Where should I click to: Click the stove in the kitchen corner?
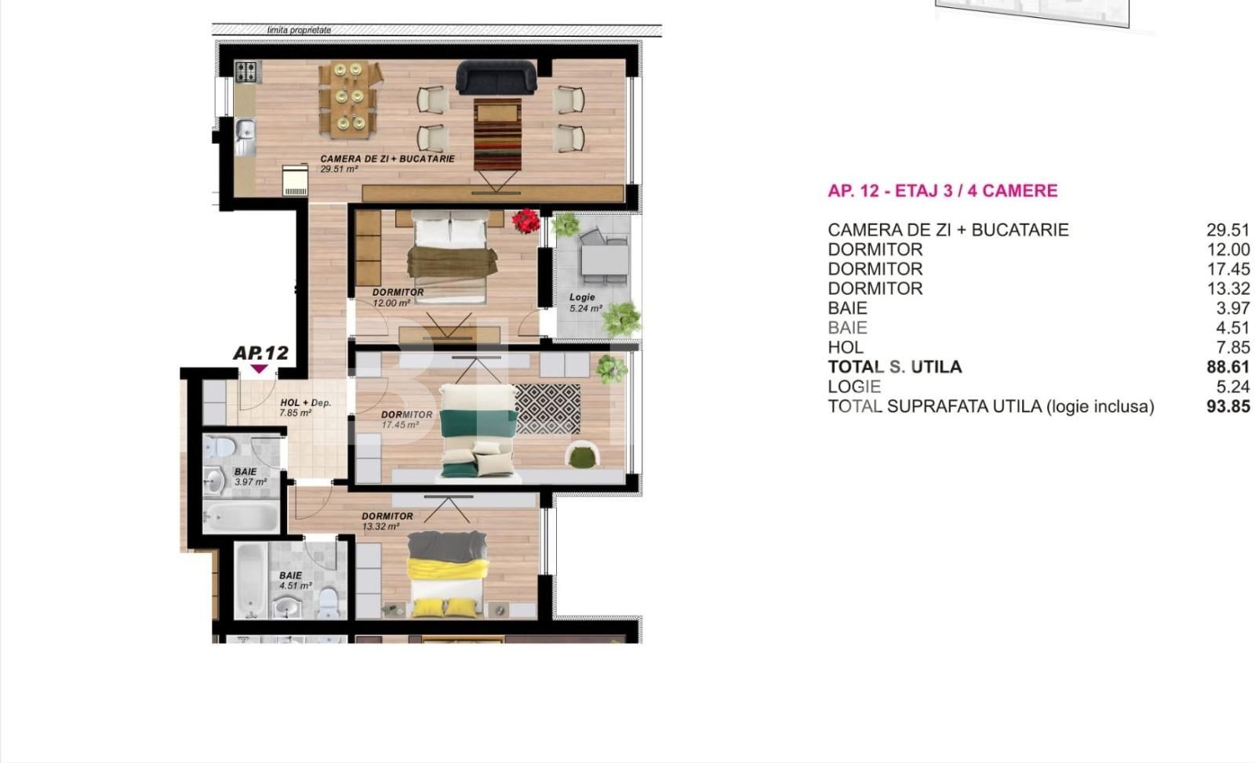pyautogui.click(x=247, y=72)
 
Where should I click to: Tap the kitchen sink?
pyautogui.click(x=245, y=130)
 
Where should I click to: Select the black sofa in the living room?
pyautogui.click(x=497, y=77)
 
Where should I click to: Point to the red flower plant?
pyautogui.click(x=525, y=220)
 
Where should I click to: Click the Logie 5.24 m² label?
pyautogui.click(x=585, y=303)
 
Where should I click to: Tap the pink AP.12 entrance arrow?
pyautogui.click(x=258, y=369)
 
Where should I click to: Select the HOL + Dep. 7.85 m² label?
pyautogui.click(x=305, y=407)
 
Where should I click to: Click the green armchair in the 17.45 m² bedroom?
pyautogui.click(x=582, y=456)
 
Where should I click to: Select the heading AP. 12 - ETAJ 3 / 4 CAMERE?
pyautogui.click(x=942, y=191)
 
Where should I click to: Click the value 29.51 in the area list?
pyautogui.click(x=1227, y=230)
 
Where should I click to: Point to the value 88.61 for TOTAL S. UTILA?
pyautogui.click(x=1227, y=367)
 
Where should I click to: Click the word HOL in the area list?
pyautogui.click(x=845, y=347)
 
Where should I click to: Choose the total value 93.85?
pyautogui.click(x=1227, y=406)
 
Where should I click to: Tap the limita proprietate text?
pyautogui.click(x=299, y=30)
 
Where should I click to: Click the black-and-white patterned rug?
pyautogui.click(x=547, y=408)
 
